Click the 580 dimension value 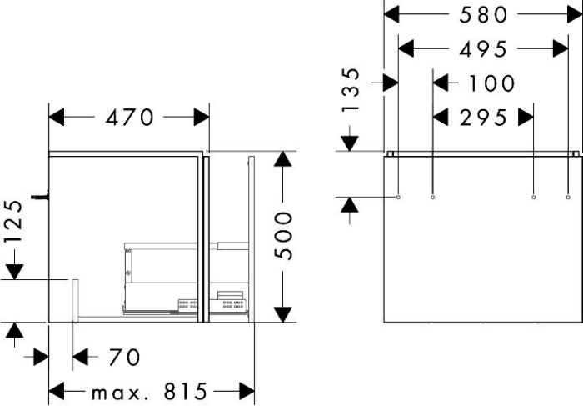[x=483, y=15]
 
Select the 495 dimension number [x=483, y=49]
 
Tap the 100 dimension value [x=491, y=83]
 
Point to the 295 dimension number [x=483, y=118]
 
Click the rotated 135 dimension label [x=351, y=90]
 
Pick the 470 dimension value [x=129, y=118]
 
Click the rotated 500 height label [x=284, y=235]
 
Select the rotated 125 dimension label [x=14, y=222]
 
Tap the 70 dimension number [x=125, y=358]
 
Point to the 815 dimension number [x=185, y=392]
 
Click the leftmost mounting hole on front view [x=398, y=197]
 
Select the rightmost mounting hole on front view [x=568, y=197]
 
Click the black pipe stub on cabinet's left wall [x=40, y=197]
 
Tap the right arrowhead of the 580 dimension [x=575, y=14]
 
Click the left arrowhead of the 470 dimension [x=57, y=118]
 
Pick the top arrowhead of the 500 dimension [x=283, y=159]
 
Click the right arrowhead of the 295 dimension [x=526, y=118]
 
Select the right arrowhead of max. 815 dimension [x=247, y=392]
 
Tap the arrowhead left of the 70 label [x=80, y=358]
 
